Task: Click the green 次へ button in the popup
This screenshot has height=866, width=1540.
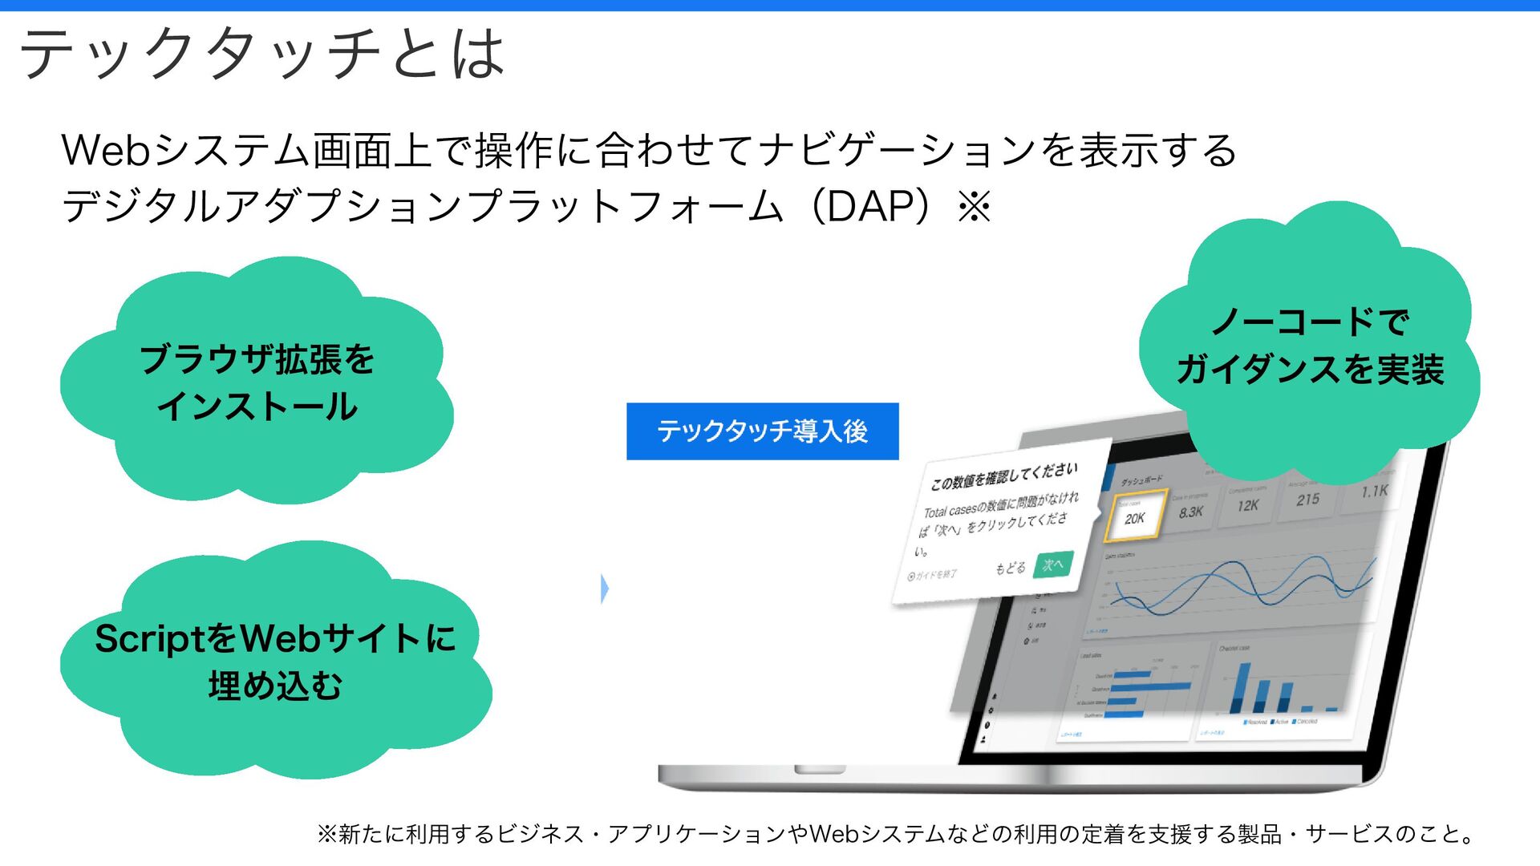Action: (x=1053, y=565)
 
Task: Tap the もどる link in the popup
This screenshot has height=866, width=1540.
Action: (x=1010, y=569)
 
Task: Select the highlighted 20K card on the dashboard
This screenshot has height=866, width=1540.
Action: (x=1134, y=517)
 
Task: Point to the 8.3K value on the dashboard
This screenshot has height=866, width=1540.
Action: (x=1191, y=511)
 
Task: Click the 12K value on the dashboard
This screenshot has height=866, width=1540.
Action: (x=1247, y=505)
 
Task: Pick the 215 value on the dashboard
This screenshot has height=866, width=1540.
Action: (x=1307, y=499)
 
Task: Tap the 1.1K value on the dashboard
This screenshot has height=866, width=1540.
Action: (x=1374, y=491)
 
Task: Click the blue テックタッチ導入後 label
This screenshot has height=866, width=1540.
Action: (x=762, y=431)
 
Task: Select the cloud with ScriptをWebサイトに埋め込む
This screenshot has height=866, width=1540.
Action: (x=275, y=662)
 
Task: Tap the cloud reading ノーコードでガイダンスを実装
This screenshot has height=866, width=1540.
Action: (x=1310, y=345)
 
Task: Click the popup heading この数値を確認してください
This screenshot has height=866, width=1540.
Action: (x=1003, y=476)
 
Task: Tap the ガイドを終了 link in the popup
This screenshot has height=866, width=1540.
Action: (x=932, y=575)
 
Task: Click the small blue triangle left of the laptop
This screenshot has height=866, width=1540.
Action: (x=605, y=589)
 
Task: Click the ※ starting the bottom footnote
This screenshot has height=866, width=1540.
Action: (x=326, y=834)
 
